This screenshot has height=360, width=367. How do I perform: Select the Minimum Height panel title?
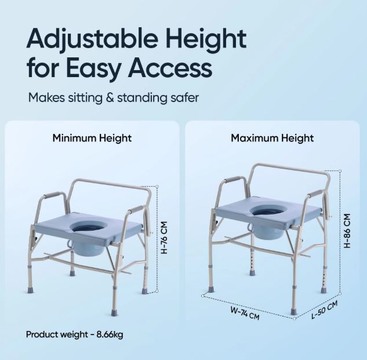[x=92, y=138]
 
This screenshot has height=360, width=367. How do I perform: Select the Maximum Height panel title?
[x=272, y=138]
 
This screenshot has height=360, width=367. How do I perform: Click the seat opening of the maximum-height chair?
[x=272, y=209]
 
